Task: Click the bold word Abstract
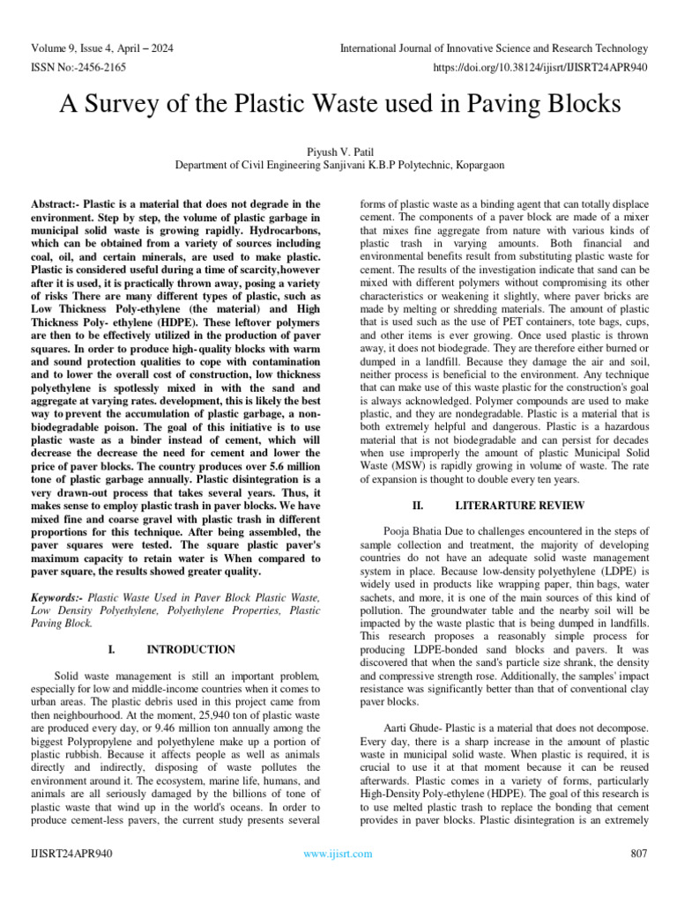coord(57,204)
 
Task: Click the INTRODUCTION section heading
coord(190,650)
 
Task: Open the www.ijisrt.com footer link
coord(338,854)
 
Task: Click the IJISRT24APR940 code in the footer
coord(71,854)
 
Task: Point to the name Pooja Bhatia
coord(416,531)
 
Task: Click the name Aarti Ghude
coord(413,730)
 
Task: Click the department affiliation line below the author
coord(338,165)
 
